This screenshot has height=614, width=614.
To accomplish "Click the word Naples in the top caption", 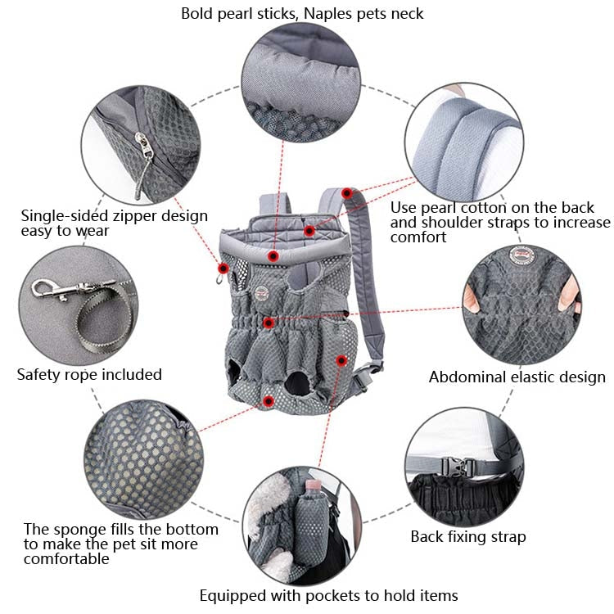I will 329,13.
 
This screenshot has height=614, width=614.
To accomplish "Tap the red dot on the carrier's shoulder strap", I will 347,193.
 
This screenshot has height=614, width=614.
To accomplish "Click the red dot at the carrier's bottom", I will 269,400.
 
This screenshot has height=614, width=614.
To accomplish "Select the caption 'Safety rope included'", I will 89,374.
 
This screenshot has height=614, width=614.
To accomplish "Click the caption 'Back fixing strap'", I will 467,537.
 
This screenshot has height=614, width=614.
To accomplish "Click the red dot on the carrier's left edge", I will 222,268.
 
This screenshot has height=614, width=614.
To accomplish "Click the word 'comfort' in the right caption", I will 418,237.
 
